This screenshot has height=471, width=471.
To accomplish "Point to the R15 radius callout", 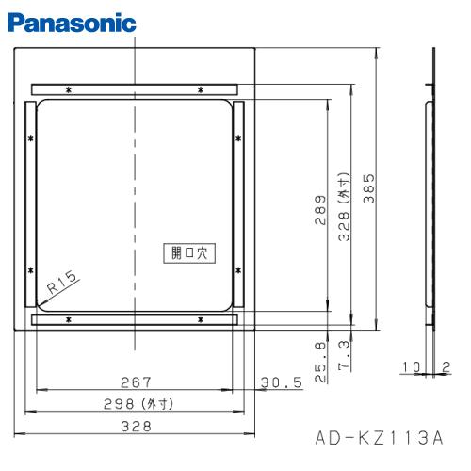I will coord(64,283).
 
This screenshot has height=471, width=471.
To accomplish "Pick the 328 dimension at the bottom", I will coord(136,426).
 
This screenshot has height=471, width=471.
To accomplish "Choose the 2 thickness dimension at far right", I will coord(447,365).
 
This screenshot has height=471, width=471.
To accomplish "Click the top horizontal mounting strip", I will coord(136,89).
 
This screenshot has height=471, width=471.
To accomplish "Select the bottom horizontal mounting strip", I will coord(136,321).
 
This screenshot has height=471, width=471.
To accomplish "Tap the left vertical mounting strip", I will coord(29,204).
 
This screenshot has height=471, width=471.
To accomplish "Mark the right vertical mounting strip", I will coord(240,204).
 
